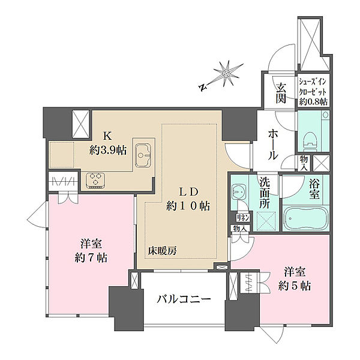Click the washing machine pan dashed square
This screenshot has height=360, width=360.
(x=265, y=220)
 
